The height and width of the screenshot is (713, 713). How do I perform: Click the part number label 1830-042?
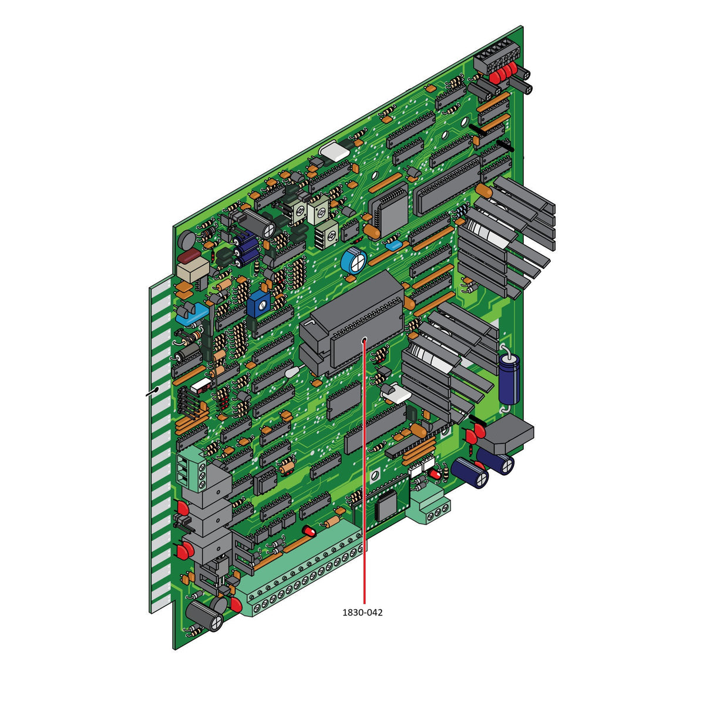(362, 613)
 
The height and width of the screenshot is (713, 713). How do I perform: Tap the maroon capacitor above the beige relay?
(189, 256)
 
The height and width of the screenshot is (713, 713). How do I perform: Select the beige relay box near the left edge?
(193, 270)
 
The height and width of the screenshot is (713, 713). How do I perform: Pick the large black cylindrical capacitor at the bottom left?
(206, 613)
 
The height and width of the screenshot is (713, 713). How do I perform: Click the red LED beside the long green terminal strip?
(309, 532)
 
